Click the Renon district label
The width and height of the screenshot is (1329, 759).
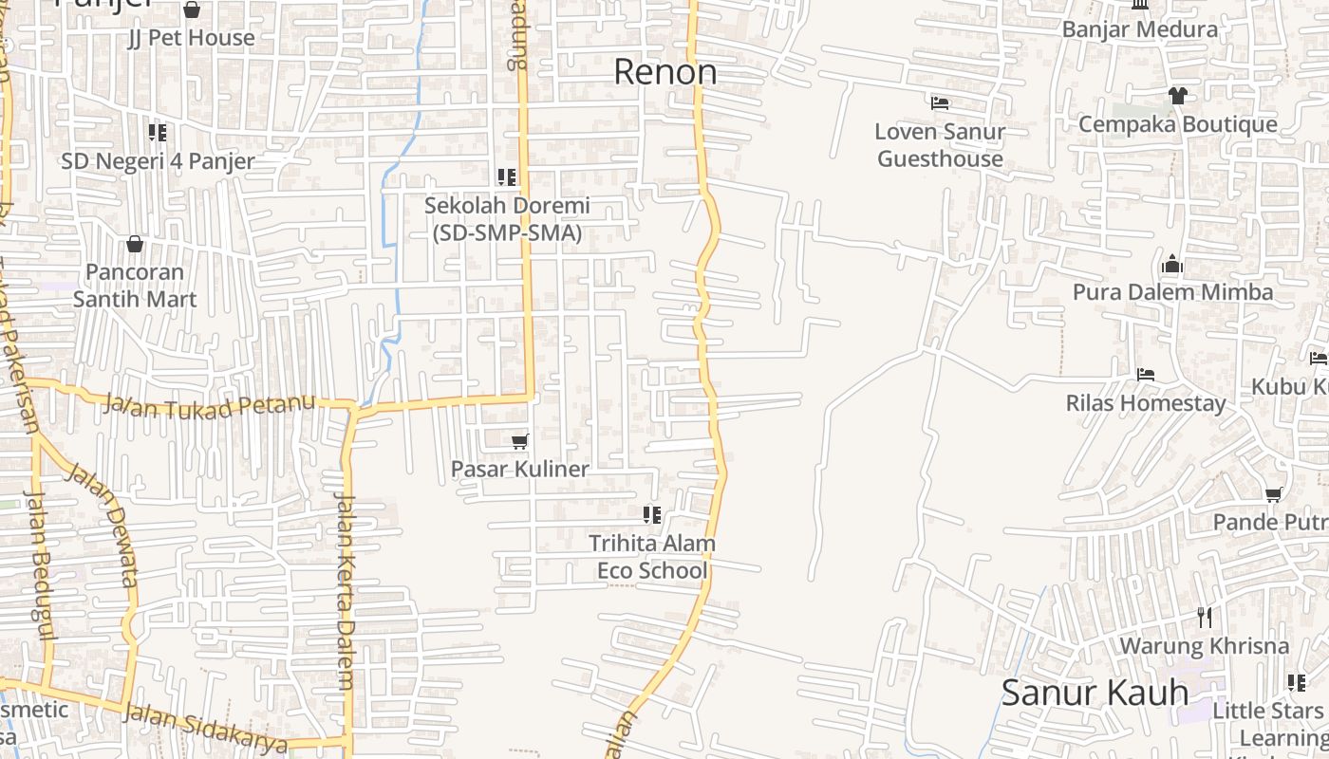click(x=664, y=72)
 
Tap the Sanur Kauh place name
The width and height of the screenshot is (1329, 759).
click(x=1095, y=693)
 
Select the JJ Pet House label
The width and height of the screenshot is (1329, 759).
click(x=192, y=38)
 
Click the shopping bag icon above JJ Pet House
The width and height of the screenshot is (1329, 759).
click(x=192, y=10)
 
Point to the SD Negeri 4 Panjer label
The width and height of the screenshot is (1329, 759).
click(x=158, y=161)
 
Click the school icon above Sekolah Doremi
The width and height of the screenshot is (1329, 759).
click(x=507, y=176)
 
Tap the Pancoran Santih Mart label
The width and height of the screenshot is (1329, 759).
click(x=135, y=286)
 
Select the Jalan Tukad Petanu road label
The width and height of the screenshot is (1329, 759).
click(x=209, y=405)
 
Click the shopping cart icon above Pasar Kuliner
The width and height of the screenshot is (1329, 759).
click(x=519, y=441)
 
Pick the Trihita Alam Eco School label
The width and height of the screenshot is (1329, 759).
click(x=652, y=557)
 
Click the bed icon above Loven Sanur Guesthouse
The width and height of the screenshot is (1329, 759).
click(x=940, y=102)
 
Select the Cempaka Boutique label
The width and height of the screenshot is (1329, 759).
click(x=1177, y=124)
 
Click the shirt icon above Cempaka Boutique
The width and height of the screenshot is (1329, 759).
click(x=1177, y=96)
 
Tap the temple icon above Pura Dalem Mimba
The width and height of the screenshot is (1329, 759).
click(x=1172, y=264)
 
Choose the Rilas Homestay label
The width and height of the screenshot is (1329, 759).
click(x=1145, y=403)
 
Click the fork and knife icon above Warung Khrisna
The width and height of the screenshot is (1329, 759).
click(x=1205, y=618)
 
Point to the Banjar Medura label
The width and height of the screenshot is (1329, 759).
click(x=1139, y=29)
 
